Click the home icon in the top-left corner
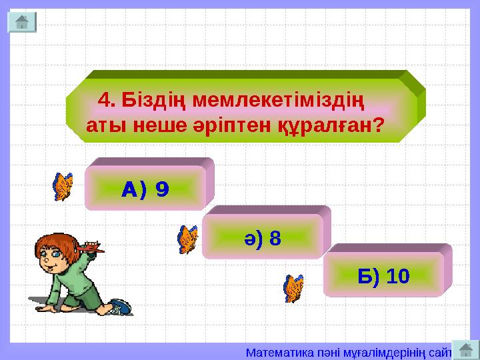click(x=21, y=21)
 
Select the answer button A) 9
click(x=145, y=190)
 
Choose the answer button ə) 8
click(x=263, y=237)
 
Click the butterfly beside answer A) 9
click(x=63, y=187)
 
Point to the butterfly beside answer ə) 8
click(x=188, y=239)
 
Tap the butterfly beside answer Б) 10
click(x=293, y=288)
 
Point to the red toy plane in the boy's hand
click(x=89, y=249)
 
